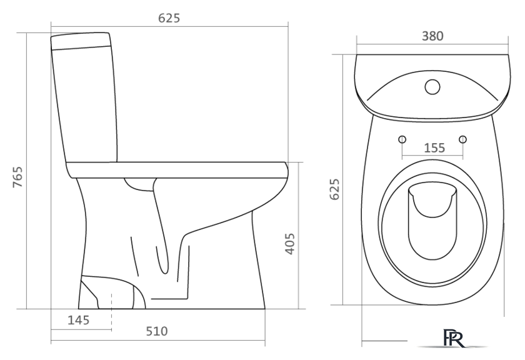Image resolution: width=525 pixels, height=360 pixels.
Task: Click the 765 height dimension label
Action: (17, 177)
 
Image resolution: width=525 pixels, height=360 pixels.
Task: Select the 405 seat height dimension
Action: (289, 244)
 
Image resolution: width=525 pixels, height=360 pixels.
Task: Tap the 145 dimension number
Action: (79, 320)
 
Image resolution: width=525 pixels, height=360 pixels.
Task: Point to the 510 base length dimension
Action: (157, 331)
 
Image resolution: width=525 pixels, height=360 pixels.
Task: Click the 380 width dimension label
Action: (432, 36)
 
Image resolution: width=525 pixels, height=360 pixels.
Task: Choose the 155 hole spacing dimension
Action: (434, 147)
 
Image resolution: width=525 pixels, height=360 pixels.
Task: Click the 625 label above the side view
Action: (169, 18)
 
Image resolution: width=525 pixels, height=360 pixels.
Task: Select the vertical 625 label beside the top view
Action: (334, 189)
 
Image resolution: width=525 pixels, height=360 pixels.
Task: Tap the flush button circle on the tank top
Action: (432, 87)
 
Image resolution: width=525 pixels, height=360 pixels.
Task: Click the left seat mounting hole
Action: (402, 139)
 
